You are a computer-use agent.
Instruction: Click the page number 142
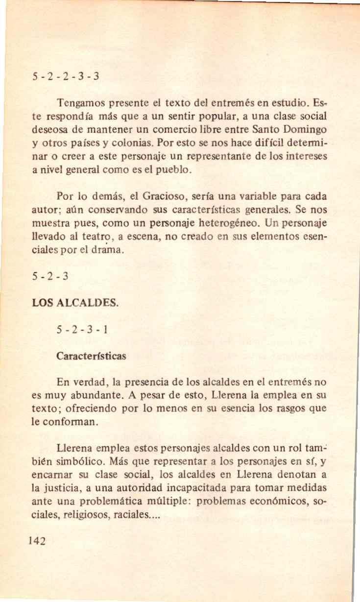(x=38, y=541)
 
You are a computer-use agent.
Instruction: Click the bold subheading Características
(x=92, y=356)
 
